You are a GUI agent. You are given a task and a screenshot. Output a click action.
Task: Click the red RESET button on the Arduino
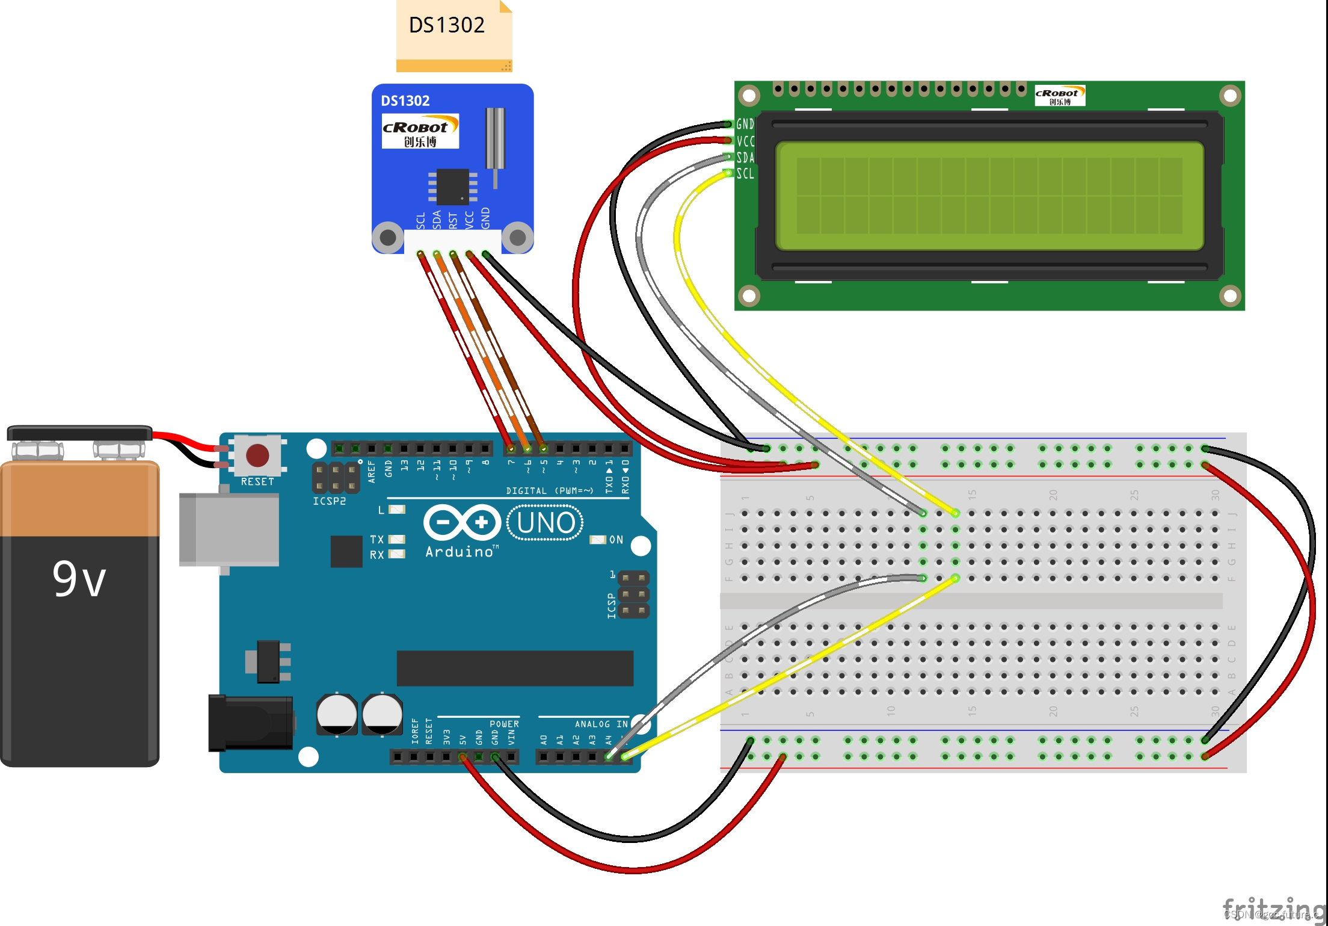coord(257,455)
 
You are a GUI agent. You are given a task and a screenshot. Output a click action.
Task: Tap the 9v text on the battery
coord(79,579)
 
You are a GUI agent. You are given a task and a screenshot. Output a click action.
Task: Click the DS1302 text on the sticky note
coord(446,25)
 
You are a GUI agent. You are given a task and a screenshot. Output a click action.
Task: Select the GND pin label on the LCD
coord(745,124)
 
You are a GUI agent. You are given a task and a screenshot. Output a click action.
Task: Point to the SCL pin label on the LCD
coord(745,174)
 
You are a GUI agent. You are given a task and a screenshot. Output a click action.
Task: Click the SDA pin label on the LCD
coord(745,158)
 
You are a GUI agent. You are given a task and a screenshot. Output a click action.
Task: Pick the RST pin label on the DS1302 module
coord(453,220)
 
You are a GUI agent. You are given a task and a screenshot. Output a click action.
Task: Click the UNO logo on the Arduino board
coord(545,523)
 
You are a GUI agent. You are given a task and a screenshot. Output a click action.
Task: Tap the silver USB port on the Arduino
coord(229,529)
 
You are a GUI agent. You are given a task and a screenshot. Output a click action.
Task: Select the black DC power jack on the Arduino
coord(250,723)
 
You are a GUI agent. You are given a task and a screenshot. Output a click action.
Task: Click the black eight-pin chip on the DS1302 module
coord(452,187)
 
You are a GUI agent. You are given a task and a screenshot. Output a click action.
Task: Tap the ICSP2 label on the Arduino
coord(329,501)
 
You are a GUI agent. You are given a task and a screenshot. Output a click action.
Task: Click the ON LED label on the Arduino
coord(616,540)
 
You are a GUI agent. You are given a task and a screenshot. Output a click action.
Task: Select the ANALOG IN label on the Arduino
coord(601,724)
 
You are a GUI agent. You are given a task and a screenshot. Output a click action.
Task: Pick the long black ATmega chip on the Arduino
coord(515,668)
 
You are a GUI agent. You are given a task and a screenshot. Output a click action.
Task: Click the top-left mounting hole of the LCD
coord(749,95)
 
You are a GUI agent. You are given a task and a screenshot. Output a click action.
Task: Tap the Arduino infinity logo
coord(462,522)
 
